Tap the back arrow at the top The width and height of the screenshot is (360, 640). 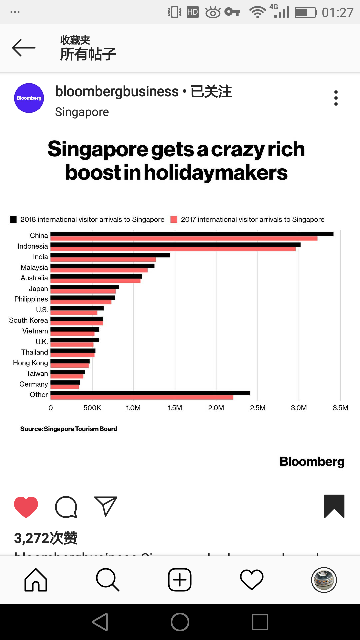click(24, 48)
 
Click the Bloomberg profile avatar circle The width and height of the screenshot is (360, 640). click(29, 98)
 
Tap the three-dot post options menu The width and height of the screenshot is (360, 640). click(336, 98)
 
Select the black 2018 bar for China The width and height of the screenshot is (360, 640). click(192, 234)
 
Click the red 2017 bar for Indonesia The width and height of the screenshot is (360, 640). click(173, 249)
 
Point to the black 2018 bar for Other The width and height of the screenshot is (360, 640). click(150, 393)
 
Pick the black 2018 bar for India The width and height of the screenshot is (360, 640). click(110, 255)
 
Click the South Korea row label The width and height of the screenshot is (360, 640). click(28, 320)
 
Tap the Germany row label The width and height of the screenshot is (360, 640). click(33, 384)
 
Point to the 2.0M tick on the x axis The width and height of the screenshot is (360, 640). click(216, 408)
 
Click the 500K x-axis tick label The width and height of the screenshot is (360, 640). click(92, 408)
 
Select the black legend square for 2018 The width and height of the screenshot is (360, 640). click(13, 219)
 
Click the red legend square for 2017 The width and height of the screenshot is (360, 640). click(174, 219)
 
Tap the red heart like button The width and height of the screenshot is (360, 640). click(26, 507)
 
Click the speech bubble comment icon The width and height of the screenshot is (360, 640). click(66, 507)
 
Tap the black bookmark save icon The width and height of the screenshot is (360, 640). click(334, 506)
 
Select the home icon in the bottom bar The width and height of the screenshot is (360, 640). click(36, 580)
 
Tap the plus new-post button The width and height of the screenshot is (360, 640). click(180, 580)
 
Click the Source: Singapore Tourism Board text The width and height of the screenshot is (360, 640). click(69, 429)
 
